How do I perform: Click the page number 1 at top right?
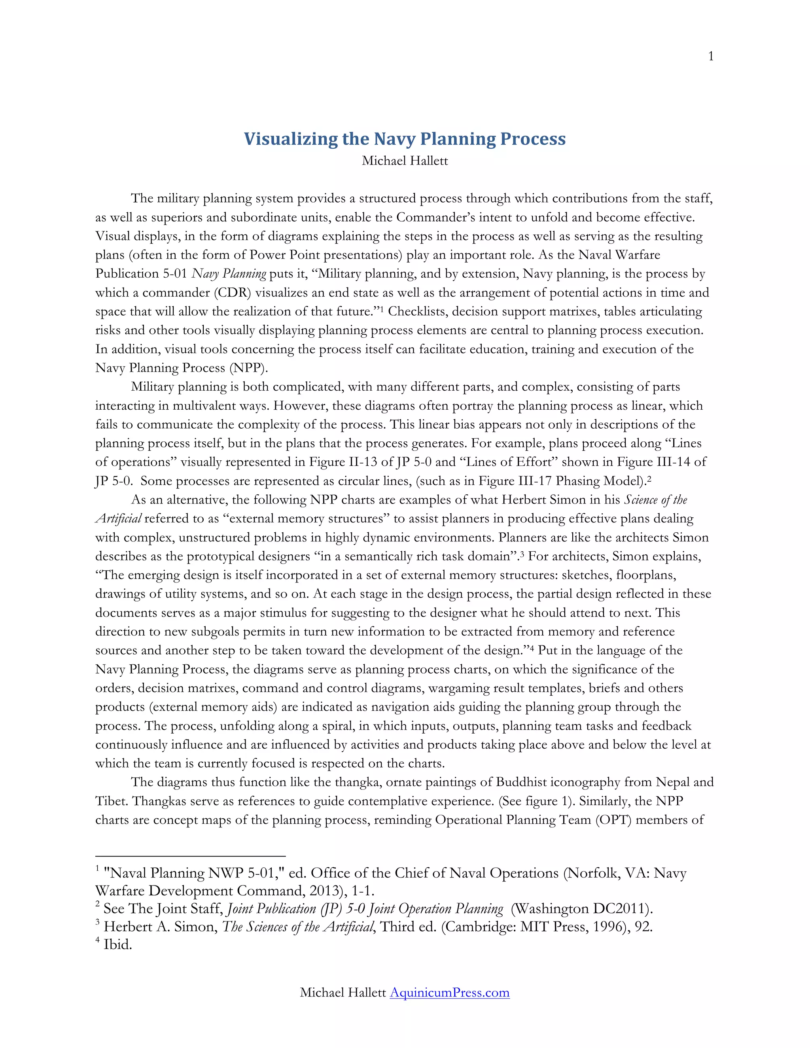(x=711, y=57)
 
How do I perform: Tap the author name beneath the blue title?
(x=405, y=161)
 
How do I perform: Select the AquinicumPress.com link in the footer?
(x=449, y=992)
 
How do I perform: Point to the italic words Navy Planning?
(x=229, y=274)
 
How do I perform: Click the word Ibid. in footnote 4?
(x=117, y=945)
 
